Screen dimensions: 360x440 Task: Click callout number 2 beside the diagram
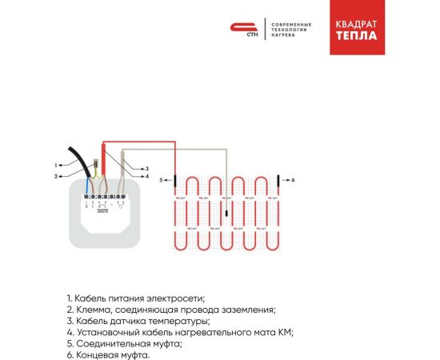coord(57,175)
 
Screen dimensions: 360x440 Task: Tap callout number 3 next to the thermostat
coord(146,169)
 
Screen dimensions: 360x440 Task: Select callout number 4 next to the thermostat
coord(146,176)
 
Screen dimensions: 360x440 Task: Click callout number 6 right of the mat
coord(293,181)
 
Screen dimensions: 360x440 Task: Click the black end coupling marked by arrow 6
coord(278,181)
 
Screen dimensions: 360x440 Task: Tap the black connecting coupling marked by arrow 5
coord(174,181)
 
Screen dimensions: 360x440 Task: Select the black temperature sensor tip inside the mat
coord(226,214)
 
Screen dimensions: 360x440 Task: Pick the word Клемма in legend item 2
coord(93,310)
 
